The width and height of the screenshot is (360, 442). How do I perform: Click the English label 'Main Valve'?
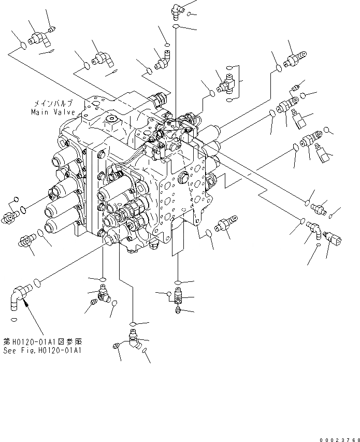(x=52, y=111)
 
